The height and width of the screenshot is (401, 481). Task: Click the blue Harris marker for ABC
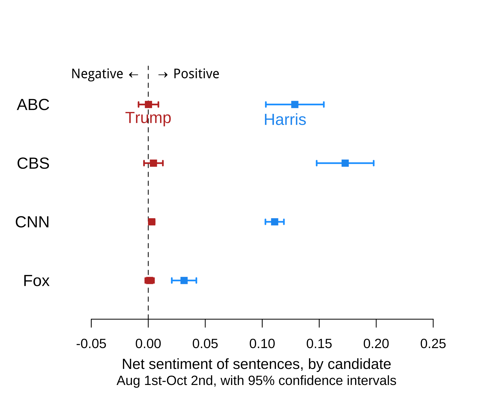[x=295, y=105]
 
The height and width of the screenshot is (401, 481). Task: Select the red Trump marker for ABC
[x=149, y=105]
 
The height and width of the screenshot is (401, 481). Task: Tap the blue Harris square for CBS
[x=345, y=163]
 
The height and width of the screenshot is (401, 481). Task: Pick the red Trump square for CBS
[x=153, y=163]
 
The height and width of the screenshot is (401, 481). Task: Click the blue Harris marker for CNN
[x=275, y=222]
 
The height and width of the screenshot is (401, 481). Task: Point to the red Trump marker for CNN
[x=152, y=222]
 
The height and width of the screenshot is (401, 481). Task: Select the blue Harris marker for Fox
[x=184, y=280]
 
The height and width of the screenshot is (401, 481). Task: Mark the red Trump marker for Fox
[x=150, y=280]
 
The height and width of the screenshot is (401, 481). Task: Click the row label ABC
[x=33, y=105]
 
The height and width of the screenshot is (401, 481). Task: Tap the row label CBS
[x=33, y=163]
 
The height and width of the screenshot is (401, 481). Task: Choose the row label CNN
[x=32, y=222]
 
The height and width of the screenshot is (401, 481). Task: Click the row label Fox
[x=36, y=281]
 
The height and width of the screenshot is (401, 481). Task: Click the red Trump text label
[x=148, y=118]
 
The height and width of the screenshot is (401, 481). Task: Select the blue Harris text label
[x=285, y=119]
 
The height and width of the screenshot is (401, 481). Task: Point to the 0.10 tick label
[x=262, y=344]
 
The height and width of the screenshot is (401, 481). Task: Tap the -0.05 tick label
[x=91, y=344]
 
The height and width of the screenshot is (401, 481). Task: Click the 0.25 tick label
[x=433, y=344]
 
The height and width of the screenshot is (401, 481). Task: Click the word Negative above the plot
[x=97, y=74]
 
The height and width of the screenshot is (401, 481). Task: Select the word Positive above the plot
[x=196, y=74]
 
